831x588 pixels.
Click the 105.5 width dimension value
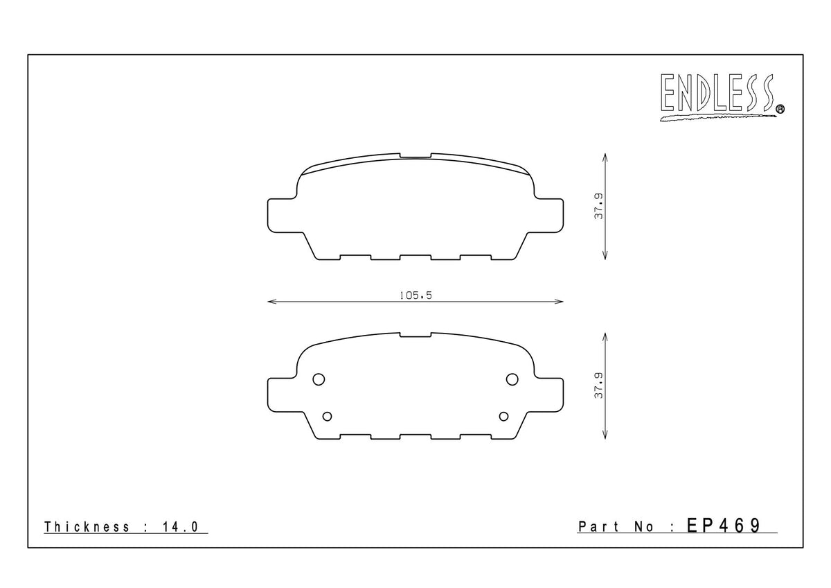coord(415,295)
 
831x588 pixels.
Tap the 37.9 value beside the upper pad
coord(599,206)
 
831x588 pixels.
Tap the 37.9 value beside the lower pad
coord(599,385)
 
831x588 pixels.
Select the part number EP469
coord(724,526)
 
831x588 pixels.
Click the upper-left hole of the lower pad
coord(319,379)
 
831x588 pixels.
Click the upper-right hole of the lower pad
coord(512,379)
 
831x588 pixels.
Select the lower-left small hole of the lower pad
coord(328,415)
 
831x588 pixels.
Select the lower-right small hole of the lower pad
coord(503,415)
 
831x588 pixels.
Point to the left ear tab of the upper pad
coord(280,214)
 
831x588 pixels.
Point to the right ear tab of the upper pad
coord(551,214)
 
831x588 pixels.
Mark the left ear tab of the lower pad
coord(280,393)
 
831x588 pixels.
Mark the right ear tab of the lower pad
coord(551,393)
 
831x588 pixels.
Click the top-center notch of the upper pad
coord(415,156)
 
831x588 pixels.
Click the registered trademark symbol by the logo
coord(780,108)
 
